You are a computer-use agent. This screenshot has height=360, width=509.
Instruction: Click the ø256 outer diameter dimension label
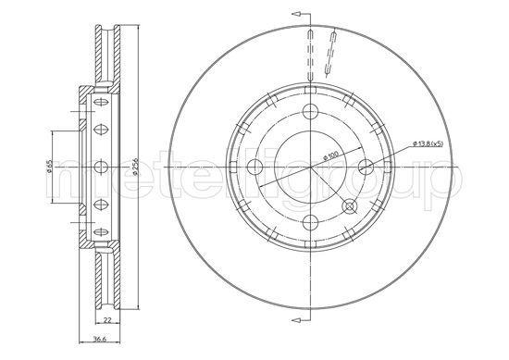[136, 167]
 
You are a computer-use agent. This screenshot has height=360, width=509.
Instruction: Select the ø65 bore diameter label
[49, 167]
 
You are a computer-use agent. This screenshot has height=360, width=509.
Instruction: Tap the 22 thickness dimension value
[107, 320]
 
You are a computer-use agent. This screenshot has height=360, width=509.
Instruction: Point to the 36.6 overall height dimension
[99, 340]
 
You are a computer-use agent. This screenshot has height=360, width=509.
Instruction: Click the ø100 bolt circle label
[330, 155]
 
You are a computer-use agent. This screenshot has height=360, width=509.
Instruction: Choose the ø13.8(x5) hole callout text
[428, 143]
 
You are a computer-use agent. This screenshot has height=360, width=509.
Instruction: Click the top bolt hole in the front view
[310, 111]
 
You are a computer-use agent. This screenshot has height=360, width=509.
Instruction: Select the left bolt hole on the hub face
[254, 167]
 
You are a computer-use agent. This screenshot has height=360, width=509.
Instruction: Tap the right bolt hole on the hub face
[366, 167]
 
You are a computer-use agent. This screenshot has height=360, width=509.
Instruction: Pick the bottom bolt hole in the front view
[310, 222]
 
